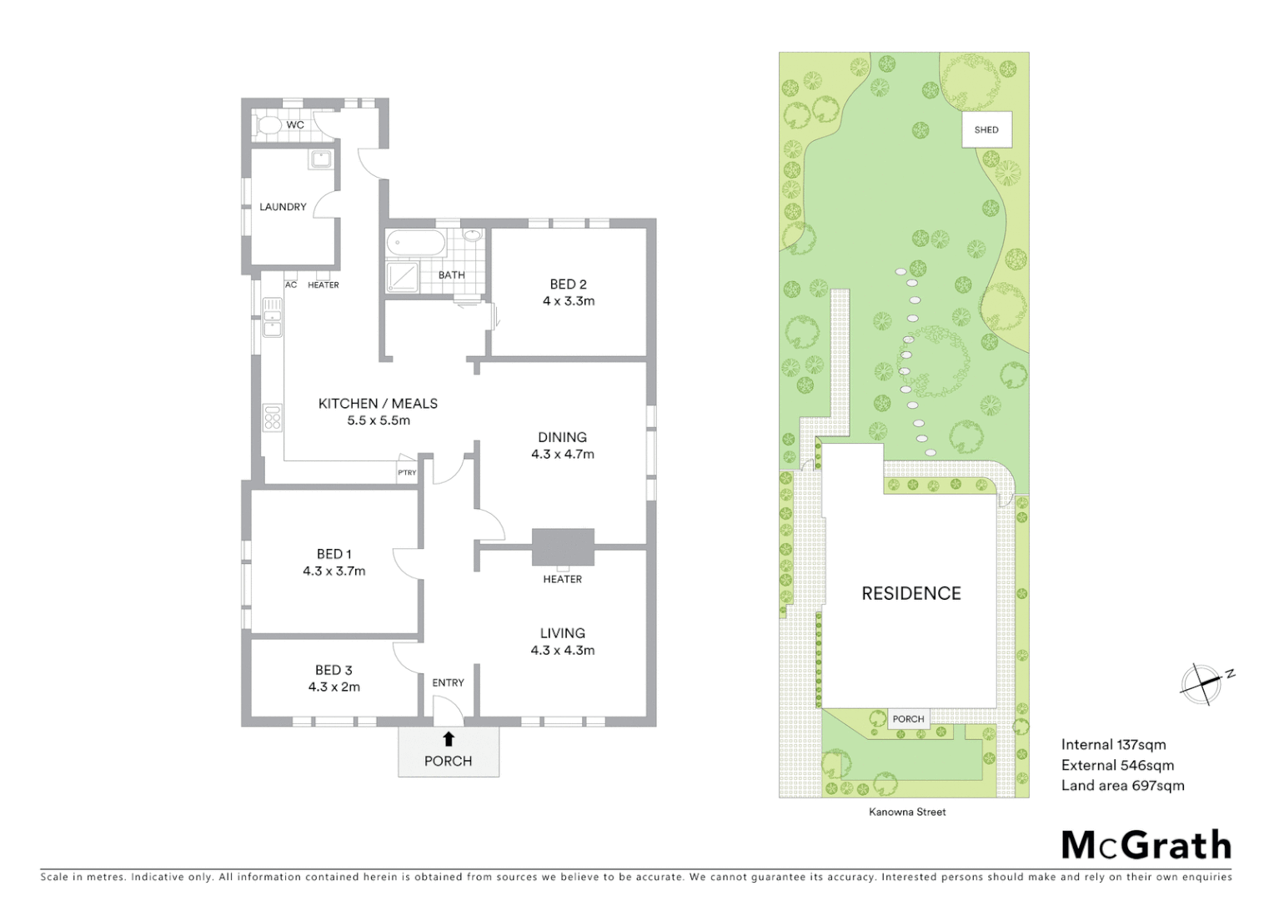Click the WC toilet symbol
pyautogui.click(x=268, y=125)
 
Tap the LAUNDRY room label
pyautogui.click(x=283, y=207)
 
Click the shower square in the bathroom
pyautogui.click(x=404, y=276)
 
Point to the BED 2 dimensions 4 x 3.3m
pyautogui.click(x=569, y=301)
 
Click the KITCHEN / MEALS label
pyautogui.click(x=378, y=404)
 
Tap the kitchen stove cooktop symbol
pyautogui.click(x=273, y=416)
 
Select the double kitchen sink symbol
pyautogui.click(x=273, y=317)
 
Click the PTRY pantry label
pyautogui.click(x=407, y=473)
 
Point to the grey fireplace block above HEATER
pyautogui.click(x=563, y=547)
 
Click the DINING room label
pyautogui.click(x=562, y=437)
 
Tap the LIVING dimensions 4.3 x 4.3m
pyautogui.click(x=563, y=651)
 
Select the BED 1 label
pyautogui.click(x=334, y=554)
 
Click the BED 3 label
pyautogui.click(x=334, y=670)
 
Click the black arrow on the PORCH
pyautogui.click(x=449, y=738)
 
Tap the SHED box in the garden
pyautogui.click(x=986, y=129)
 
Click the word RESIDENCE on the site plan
pyautogui.click(x=910, y=593)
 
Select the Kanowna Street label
pyautogui.click(x=907, y=812)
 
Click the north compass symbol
pyautogui.click(x=1201, y=684)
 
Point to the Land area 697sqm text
pyautogui.click(x=1122, y=786)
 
